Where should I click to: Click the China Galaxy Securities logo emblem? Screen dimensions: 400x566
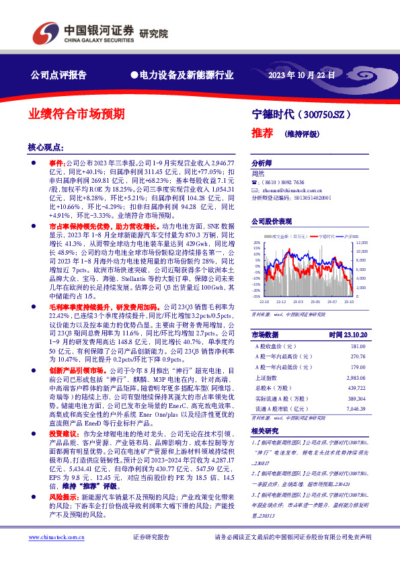click(45, 33)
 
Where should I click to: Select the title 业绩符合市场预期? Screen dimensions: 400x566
click(76, 114)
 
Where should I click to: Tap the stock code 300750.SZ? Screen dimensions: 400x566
click(342, 114)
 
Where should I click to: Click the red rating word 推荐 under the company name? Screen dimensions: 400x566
click(262, 132)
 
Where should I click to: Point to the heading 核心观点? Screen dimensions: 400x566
click(46, 147)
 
